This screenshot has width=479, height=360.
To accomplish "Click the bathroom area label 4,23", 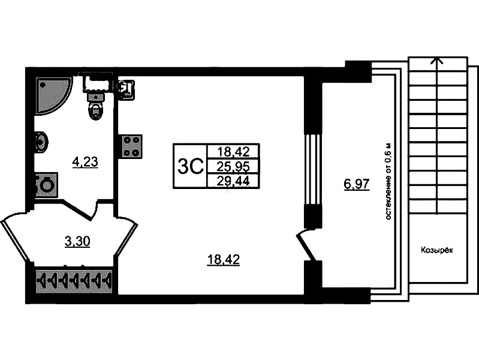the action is point(85,162).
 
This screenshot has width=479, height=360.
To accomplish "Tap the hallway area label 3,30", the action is point(77,242).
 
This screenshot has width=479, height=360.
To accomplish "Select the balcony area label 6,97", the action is point(357,184).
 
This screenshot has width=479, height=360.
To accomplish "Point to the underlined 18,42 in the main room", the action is point(223,260).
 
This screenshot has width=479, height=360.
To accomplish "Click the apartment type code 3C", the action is point(190,167).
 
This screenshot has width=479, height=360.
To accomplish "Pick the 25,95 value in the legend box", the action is point(233,167).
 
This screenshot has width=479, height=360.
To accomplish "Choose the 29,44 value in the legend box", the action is point(233,181).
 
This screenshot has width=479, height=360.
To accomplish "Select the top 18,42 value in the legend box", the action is point(233,151).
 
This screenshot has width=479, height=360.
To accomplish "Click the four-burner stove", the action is point(132,146).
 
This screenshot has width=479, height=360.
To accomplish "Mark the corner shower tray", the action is point(52,96).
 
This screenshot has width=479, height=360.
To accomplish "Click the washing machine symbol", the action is point(46,185).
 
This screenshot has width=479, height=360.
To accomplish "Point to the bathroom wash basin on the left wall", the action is point(41,143).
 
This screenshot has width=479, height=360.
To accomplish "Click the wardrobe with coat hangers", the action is point(74,280).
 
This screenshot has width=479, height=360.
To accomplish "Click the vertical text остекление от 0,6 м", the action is point(388,181).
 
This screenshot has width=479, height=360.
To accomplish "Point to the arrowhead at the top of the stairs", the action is point(437,61).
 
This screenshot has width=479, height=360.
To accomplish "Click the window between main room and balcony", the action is point(313,169).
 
